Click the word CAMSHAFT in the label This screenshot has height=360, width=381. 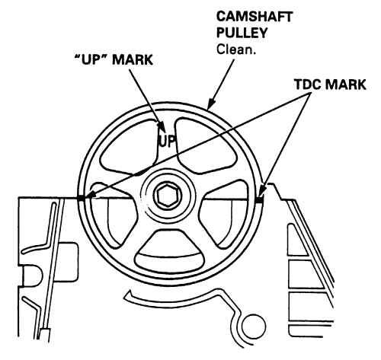pyautogui.click(x=255, y=17)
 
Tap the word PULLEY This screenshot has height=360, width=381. pyautogui.click(x=242, y=33)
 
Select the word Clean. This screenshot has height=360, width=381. pyautogui.click(x=236, y=49)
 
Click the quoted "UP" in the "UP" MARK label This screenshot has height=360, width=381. pyautogui.click(x=91, y=60)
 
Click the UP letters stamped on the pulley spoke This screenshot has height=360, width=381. pyautogui.click(x=168, y=142)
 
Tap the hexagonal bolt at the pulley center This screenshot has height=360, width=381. pyautogui.click(x=168, y=195)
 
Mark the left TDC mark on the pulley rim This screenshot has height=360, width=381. pyautogui.click(x=82, y=198)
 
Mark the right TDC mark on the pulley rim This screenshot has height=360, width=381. pyautogui.click(x=259, y=200)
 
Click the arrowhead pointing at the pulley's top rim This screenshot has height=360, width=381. pyautogui.click(x=211, y=104)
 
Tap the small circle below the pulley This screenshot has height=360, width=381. pyautogui.click(x=254, y=327)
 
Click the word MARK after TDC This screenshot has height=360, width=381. pyautogui.click(x=348, y=84)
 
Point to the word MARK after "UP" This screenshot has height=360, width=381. pyautogui.click(x=133, y=60)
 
